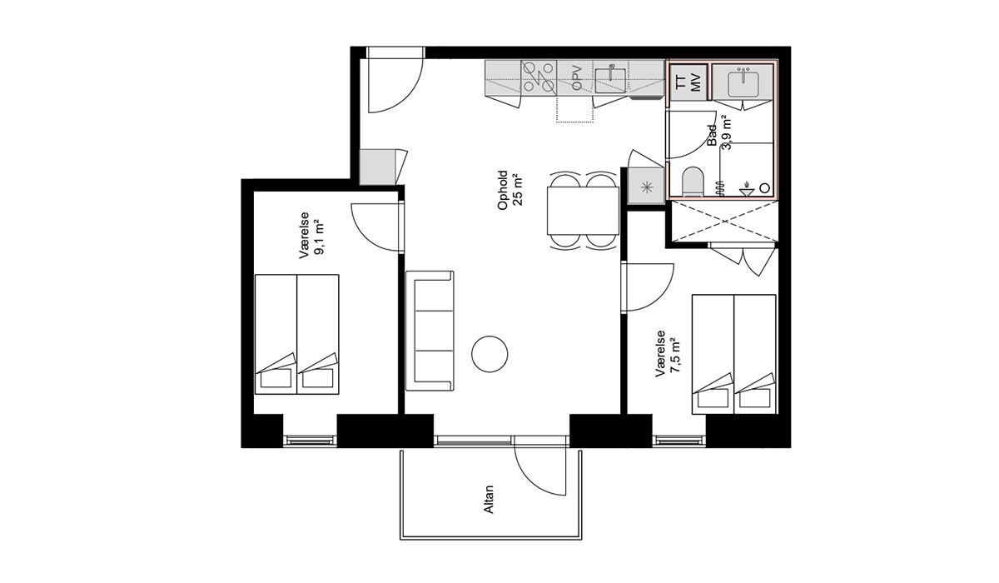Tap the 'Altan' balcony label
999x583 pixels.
490,500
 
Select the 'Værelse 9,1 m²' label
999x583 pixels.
311,235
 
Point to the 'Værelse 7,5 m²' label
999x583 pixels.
668,353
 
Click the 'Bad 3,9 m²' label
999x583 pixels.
719,132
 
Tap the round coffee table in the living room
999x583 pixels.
490,354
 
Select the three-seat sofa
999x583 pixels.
430,331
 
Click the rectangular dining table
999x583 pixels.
583,211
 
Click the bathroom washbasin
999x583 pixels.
743,83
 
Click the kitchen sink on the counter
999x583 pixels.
611,79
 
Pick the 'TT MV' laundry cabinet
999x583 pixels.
689,82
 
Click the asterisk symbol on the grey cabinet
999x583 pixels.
646,187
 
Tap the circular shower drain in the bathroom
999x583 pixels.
765,188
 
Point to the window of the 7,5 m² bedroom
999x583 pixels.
678,441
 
